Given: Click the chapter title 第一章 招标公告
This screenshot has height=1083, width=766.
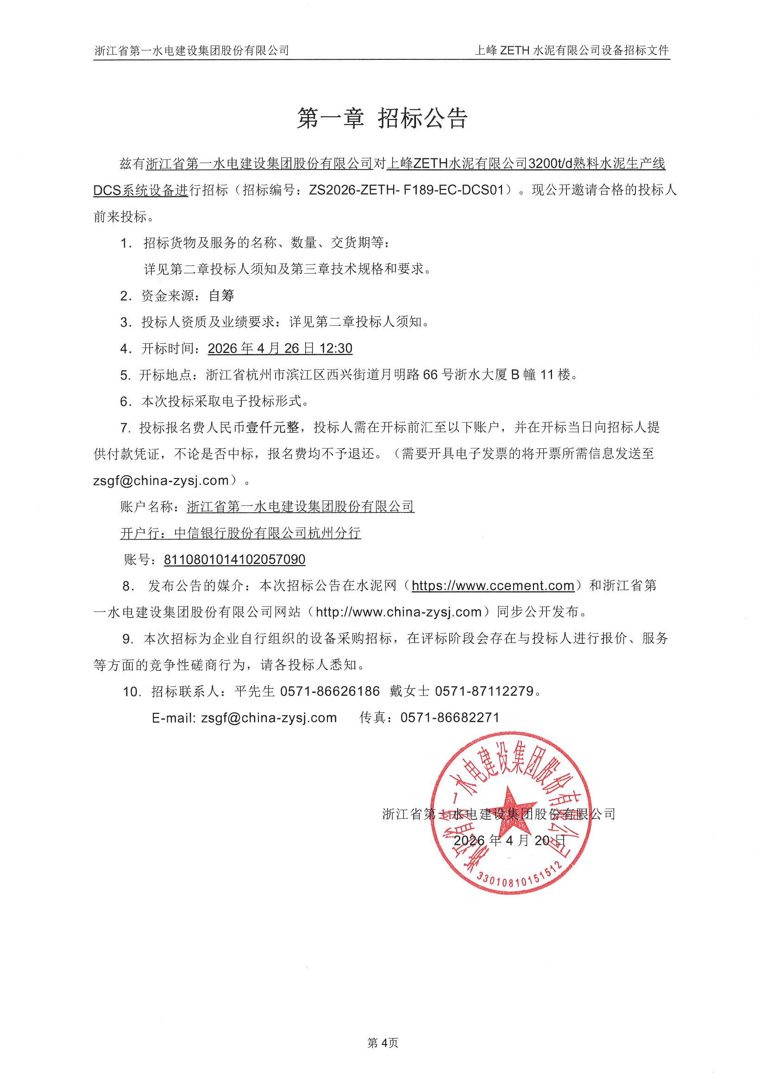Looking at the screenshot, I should click(382, 118).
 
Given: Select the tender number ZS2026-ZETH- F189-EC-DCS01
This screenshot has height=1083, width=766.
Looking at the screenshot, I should click(410, 190).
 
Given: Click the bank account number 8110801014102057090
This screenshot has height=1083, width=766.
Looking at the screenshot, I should click(234, 560).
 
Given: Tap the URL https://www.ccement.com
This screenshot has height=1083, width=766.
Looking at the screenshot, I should click(493, 586).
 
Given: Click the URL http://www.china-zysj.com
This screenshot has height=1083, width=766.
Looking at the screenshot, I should click(399, 612).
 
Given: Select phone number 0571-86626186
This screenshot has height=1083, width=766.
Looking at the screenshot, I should click(330, 692).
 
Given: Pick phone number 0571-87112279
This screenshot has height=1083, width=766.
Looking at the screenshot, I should click(484, 692).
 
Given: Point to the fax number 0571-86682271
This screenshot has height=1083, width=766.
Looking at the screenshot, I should click(450, 718).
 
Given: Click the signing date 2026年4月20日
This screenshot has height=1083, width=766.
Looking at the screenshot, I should click(509, 841).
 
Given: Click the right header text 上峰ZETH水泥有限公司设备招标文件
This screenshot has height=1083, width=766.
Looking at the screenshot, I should click(571, 50).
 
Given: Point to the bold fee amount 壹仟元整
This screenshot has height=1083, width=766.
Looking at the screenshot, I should click(273, 428).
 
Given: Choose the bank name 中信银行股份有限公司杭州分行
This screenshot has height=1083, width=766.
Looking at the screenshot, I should click(267, 534).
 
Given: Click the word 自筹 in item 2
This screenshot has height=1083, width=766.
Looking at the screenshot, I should click(221, 296).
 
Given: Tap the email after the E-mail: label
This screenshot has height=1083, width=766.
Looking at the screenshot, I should click(269, 718).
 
